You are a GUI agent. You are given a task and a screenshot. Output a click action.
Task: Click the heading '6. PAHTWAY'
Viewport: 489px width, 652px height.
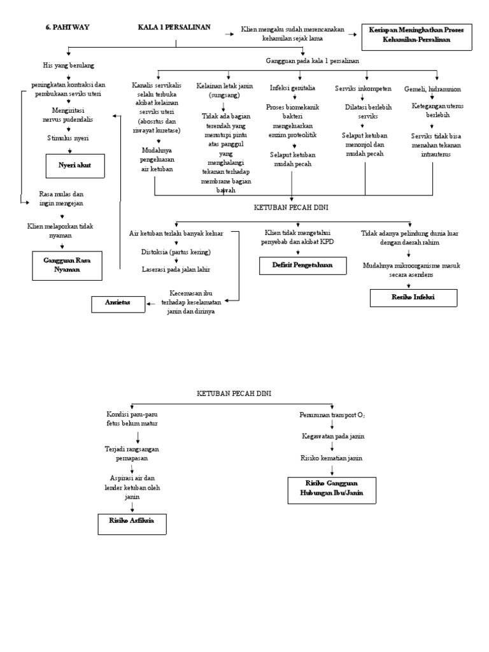[x=67, y=27]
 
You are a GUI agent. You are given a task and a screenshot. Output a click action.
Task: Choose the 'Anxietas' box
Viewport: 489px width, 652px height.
[x=117, y=303]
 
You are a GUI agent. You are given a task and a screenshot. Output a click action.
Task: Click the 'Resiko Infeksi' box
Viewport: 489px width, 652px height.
[x=414, y=297]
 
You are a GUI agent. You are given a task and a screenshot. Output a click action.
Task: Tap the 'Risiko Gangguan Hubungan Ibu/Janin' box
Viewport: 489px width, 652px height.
[x=332, y=488]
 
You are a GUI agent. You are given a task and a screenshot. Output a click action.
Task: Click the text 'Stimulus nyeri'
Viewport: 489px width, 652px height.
[x=68, y=138]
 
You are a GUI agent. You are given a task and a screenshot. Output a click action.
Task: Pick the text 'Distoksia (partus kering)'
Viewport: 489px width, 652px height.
[x=176, y=252]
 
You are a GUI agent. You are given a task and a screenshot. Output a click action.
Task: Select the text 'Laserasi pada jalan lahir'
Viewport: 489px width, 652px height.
[x=176, y=269]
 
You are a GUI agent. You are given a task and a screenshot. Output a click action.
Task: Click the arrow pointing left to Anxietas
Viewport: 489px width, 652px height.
[x=152, y=304]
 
